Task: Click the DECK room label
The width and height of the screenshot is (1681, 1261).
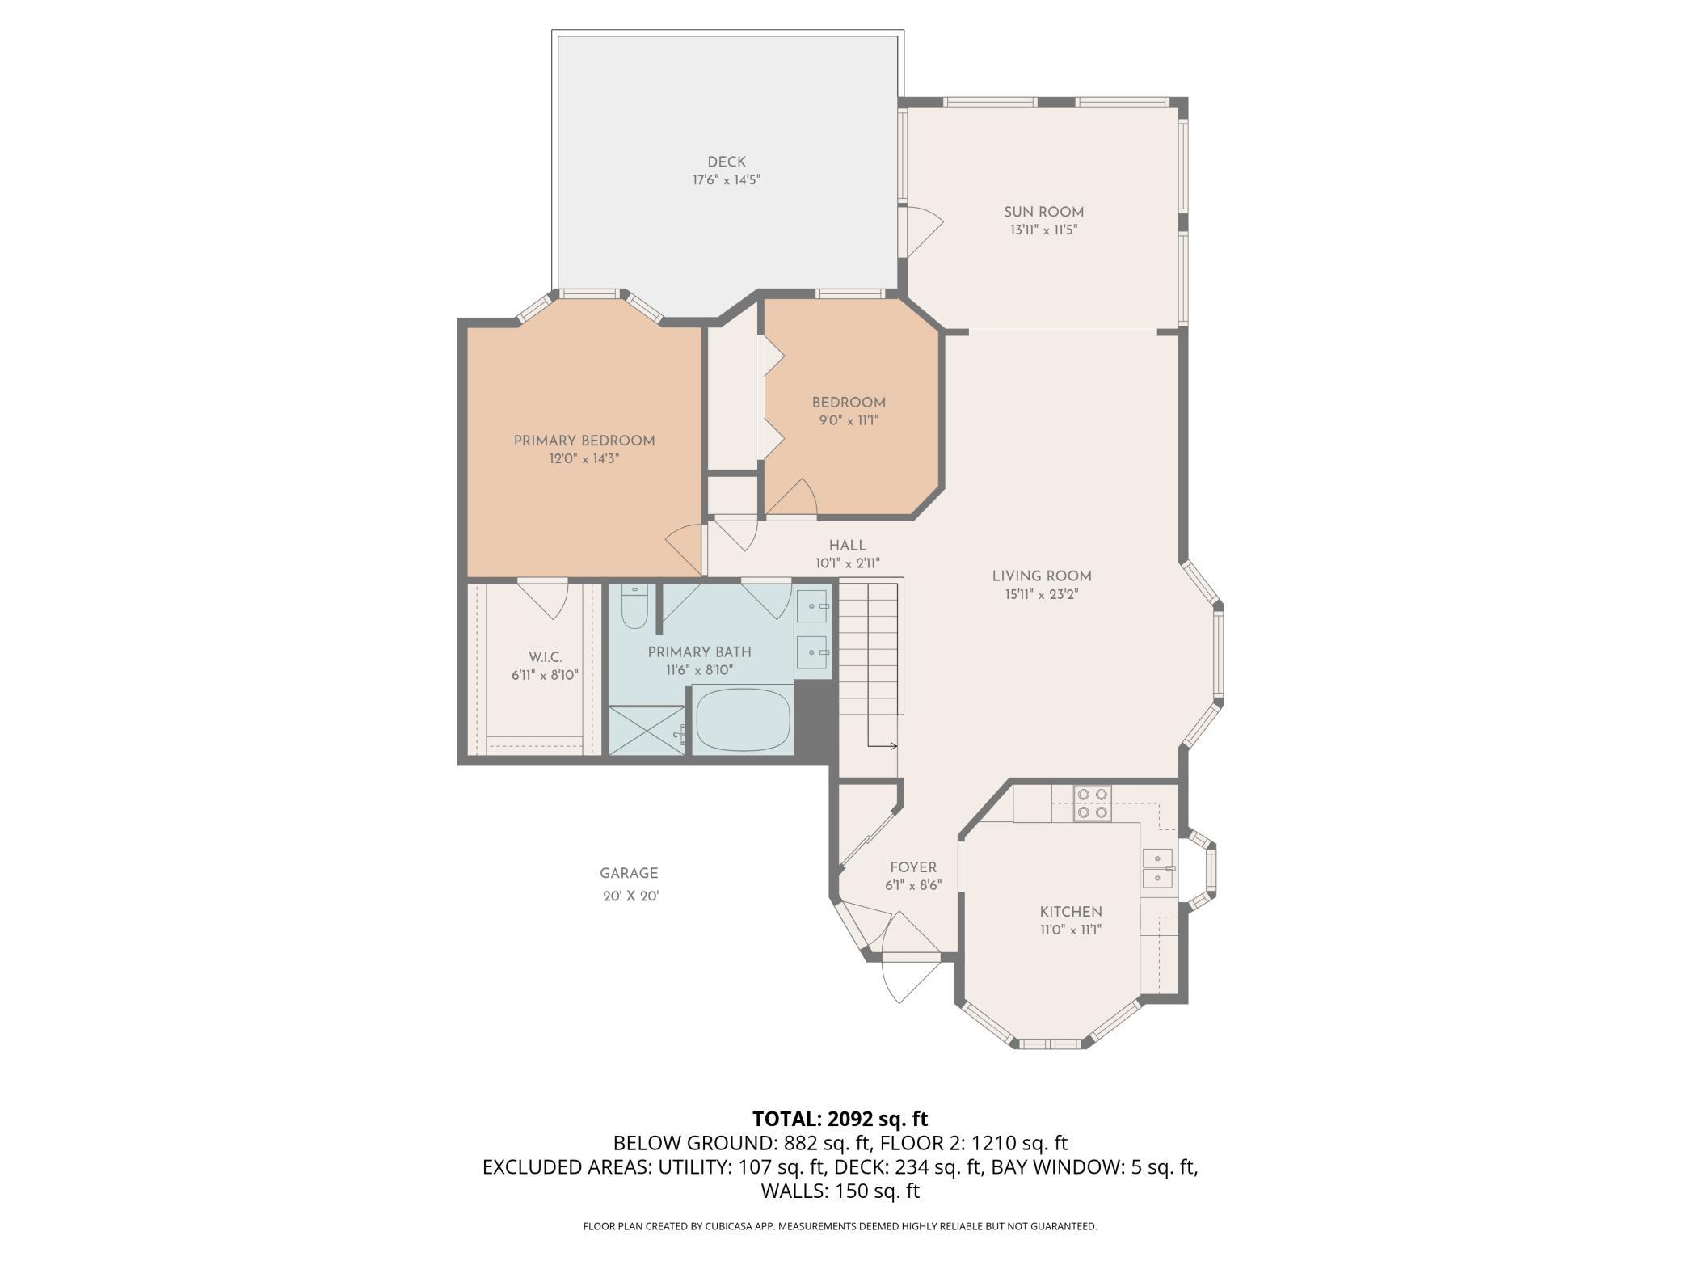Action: pos(727,162)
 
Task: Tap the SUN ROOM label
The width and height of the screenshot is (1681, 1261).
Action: pos(1043,213)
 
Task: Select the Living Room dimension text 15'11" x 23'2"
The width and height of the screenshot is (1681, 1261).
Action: pos(1042,594)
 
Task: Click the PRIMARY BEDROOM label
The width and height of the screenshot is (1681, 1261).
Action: pos(584,441)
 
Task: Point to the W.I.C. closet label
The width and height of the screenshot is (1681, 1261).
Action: pos(545,657)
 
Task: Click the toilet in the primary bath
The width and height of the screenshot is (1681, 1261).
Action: pos(634,606)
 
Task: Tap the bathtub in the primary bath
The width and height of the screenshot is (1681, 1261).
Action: pos(743,719)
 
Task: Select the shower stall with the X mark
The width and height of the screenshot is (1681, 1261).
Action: pos(646,731)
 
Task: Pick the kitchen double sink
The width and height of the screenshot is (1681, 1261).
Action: pos(1156,869)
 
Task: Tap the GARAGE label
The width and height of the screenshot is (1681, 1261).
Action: pos(629,873)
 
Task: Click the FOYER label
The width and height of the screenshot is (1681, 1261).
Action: pos(913,867)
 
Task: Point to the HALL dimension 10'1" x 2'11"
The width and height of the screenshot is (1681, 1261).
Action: pos(847,563)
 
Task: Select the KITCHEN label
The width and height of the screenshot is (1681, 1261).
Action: pos(1071,912)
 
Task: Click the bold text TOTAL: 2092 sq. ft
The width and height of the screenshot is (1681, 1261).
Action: pos(840,1119)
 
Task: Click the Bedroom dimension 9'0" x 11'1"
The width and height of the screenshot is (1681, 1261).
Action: pos(849,420)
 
